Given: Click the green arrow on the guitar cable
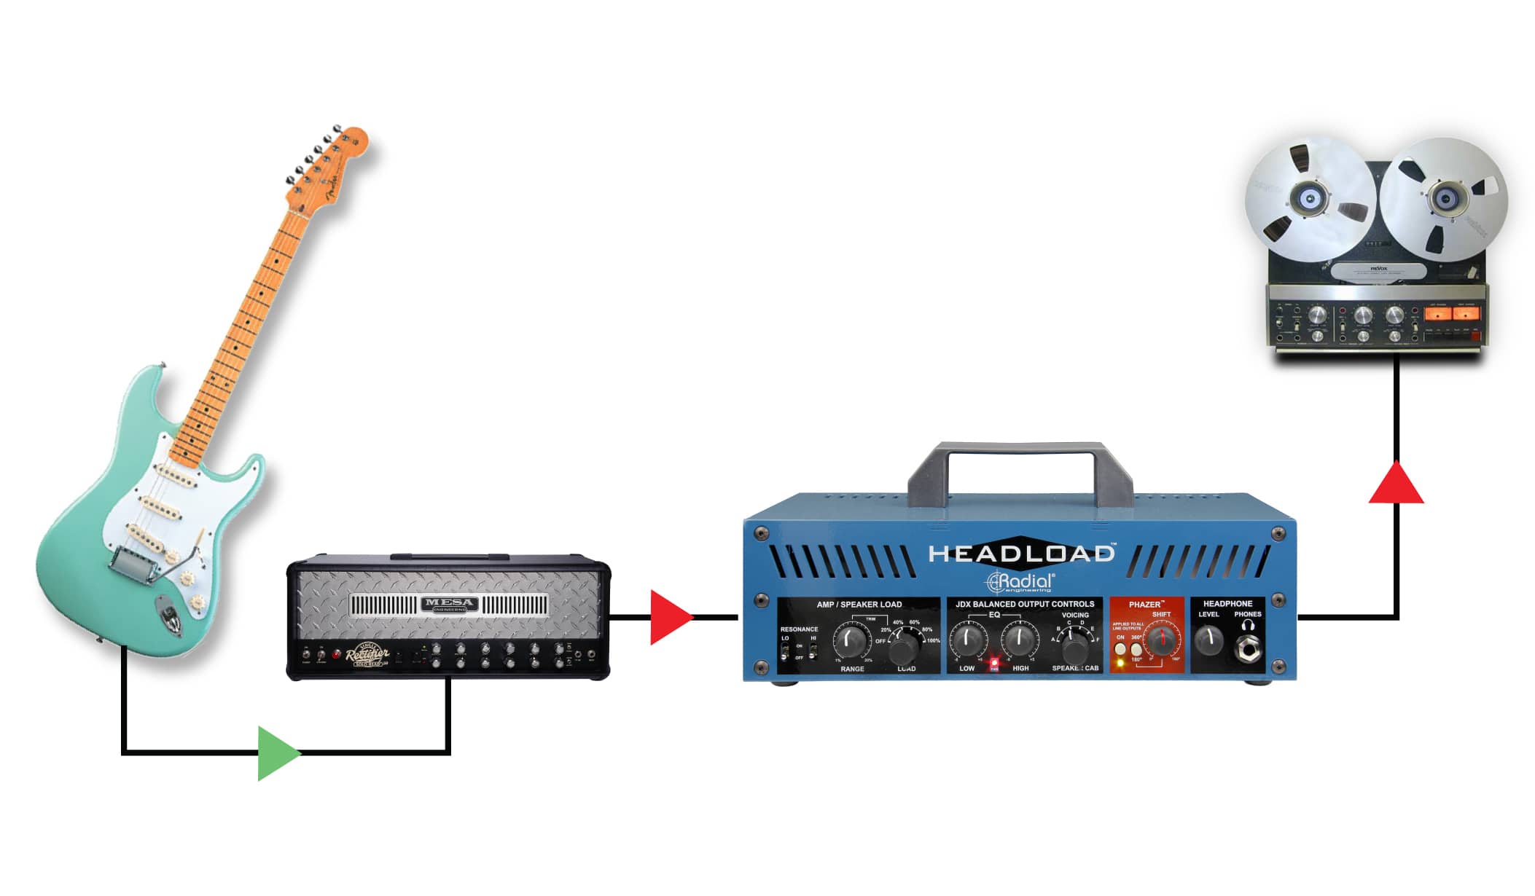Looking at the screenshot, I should tap(277, 752).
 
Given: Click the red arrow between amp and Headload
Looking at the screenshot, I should tap(669, 618).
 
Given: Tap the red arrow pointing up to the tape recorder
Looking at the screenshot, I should tap(1396, 484).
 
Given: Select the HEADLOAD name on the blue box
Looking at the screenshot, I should tap(1020, 554).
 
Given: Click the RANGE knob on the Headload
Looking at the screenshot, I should tap(850, 640).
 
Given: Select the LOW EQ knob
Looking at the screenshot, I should tap(968, 640).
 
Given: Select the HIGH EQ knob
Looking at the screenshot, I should tap(1019, 640).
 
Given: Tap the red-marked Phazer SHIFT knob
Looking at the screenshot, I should tap(1161, 641).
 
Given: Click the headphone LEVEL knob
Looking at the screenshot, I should tap(1208, 640).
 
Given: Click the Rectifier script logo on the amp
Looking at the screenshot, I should tap(367, 655).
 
